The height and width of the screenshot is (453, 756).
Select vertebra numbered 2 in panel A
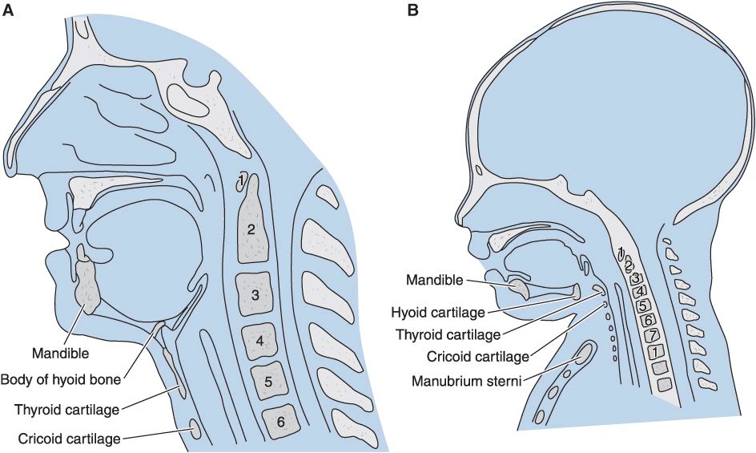point(251,229)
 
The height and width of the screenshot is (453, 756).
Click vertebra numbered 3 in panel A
point(255,295)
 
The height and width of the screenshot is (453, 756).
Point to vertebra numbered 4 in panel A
point(260,341)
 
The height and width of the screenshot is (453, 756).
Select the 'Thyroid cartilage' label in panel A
point(66,410)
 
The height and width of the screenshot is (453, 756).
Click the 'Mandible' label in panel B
point(434,280)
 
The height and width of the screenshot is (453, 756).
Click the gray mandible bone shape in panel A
point(88,285)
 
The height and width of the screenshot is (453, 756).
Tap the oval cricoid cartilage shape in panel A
point(195,431)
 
